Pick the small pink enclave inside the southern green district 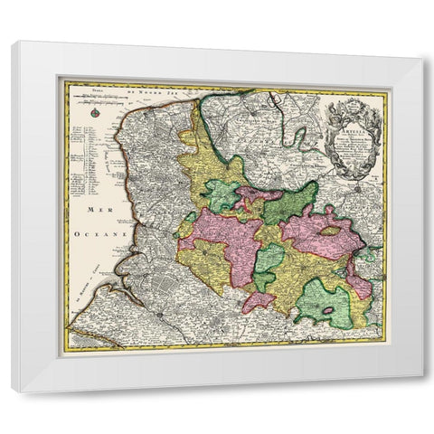329,312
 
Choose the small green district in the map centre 269,261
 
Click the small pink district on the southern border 258,301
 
